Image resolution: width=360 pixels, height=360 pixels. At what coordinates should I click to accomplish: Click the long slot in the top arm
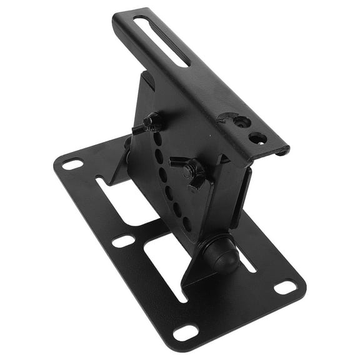161,41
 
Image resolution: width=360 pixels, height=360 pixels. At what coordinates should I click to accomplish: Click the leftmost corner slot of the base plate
72,164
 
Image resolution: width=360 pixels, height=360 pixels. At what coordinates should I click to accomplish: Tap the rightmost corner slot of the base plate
286,287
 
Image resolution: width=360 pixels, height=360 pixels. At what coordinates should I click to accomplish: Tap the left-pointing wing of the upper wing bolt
139,129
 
